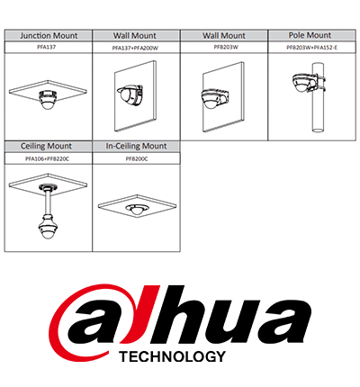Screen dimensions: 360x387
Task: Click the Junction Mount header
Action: click(x=49, y=36)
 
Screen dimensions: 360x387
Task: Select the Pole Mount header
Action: click(x=310, y=35)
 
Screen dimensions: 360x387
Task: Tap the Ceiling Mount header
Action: click(x=46, y=147)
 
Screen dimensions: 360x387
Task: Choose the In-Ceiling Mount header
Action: click(x=136, y=147)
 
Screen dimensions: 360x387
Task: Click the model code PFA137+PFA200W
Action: click(x=135, y=48)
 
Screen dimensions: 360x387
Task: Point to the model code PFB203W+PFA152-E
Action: click(x=312, y=48)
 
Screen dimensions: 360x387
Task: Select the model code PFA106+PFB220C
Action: click(x=47, y=159)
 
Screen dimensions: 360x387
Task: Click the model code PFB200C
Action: click(x=137, y=159)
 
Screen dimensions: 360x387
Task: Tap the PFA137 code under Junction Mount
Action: click(x=49, y=47)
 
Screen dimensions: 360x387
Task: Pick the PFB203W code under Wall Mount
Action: click(x=226, y=47)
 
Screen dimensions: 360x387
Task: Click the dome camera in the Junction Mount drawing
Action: click(x=48, y=99)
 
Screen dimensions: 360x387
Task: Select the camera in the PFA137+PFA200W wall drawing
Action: click(x=130, y=94)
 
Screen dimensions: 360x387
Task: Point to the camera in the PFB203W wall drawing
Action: click(x=215, y=98)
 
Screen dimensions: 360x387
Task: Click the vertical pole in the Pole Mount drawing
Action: click(x=318, y=97)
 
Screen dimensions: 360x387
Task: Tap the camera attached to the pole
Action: click(x=305, y=83)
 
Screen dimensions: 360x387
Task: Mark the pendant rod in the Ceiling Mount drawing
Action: click(x=48, y=202)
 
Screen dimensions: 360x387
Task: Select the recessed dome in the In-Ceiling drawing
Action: click(x=137, y=209)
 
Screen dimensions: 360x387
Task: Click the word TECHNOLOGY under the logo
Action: click(x=172, y=356)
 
